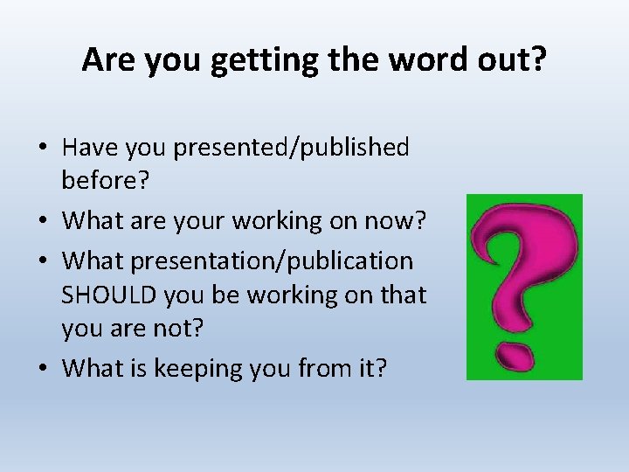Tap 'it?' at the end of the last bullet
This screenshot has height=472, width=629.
click(369, 368)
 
